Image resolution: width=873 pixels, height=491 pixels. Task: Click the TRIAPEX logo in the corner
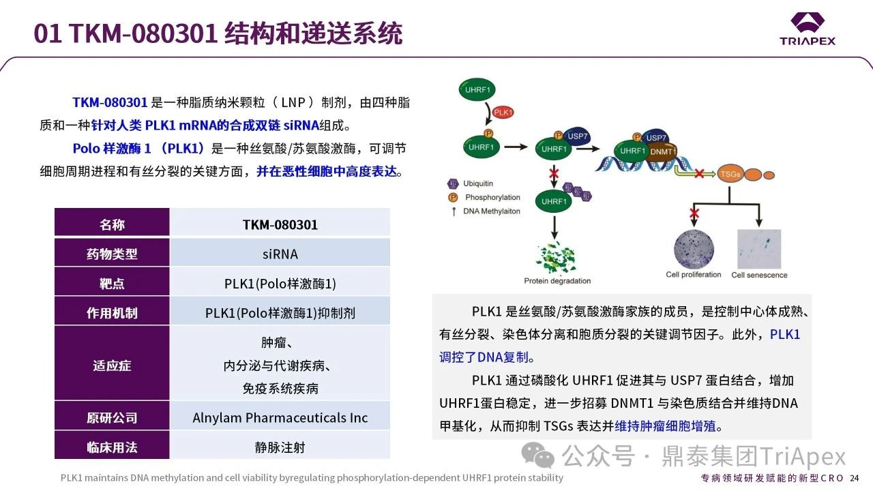[x=808, y=29]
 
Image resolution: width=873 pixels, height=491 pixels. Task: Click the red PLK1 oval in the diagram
[x=503, y=113]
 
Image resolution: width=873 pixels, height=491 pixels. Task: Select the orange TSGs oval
[x=730, y=174]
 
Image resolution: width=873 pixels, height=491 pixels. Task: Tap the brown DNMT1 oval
[x=663, y=151]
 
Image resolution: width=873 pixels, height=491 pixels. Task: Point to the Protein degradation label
[x=557, y=280]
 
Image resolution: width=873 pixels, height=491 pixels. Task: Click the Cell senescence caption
[x=759, y=275]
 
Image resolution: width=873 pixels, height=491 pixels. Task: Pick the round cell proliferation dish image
[x=694, y=250]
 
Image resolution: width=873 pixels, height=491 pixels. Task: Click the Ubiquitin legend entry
[x=471, y=183]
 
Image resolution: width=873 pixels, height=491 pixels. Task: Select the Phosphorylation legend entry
[x=484, y=197]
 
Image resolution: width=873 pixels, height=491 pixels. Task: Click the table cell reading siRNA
[x=280, y=254]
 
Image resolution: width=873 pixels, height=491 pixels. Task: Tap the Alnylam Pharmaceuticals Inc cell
[x=280, y=418]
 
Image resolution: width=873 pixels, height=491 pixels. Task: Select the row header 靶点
[x=113, y=283]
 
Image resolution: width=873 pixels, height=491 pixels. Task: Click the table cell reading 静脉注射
[x=280, y=447]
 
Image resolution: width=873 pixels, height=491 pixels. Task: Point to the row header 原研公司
[x=113, y=418]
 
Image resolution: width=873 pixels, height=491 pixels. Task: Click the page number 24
[x=855, y=478]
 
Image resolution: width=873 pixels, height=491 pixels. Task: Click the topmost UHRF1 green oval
[x=477, y=89]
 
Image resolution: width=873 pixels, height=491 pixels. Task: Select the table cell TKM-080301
[x=280, y=224]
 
